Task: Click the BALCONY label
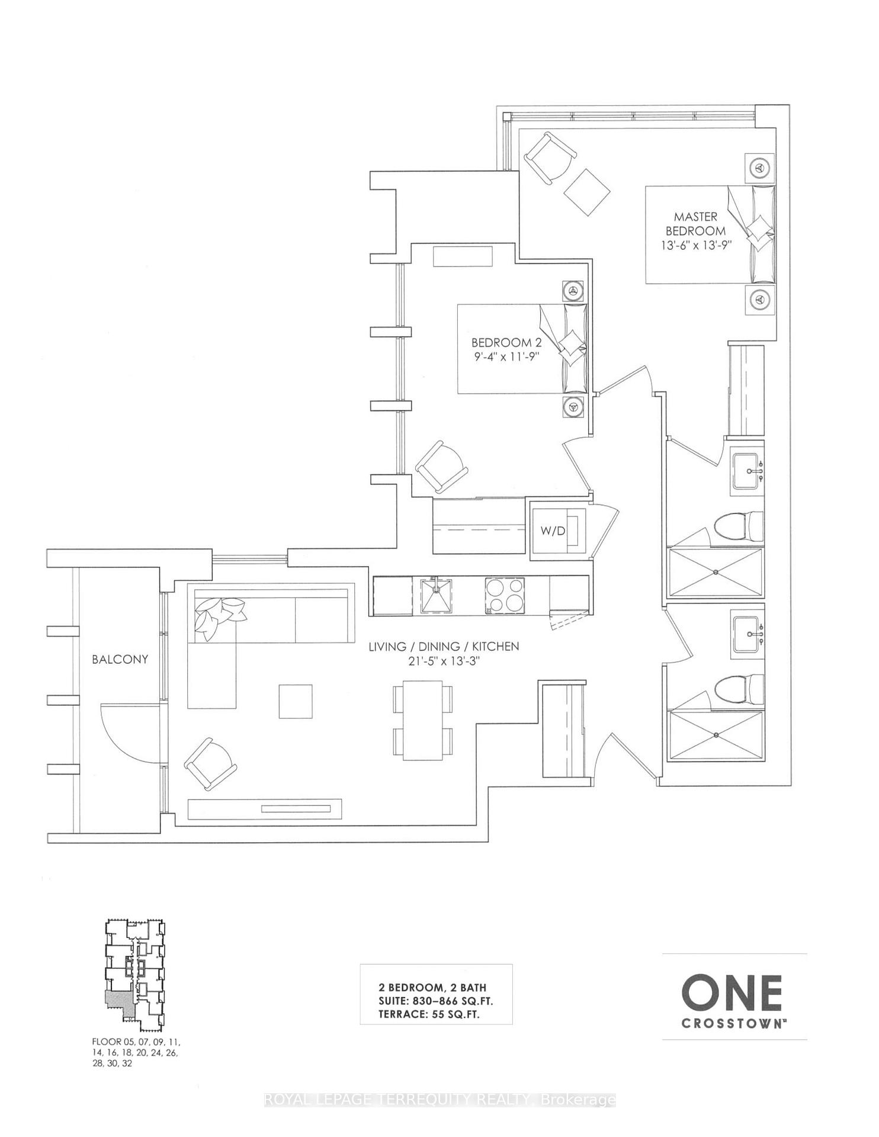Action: pos(120,659)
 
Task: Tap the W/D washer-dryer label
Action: pos(553,531)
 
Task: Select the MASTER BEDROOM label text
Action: pos(695,224)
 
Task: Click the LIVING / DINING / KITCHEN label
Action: pos(444,646)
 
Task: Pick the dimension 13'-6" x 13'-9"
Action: pos(695,245)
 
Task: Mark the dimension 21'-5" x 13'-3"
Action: pos(444,661)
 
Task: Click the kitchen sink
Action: pos(437,595)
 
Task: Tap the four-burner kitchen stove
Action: pos(505,595)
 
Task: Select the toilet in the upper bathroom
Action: pos(739,526)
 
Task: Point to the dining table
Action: pos(423,720)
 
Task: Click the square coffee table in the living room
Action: pos(296,701)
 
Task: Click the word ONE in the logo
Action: pos(732,991)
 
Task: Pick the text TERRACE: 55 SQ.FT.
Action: pos(429,1014)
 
